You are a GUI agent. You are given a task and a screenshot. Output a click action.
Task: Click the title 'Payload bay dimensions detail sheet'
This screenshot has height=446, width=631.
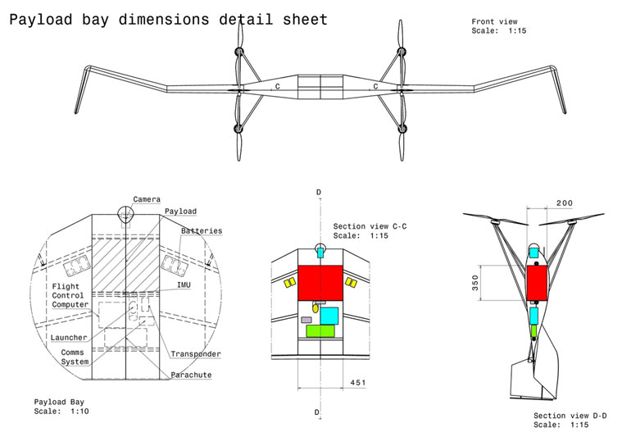coord(168,19)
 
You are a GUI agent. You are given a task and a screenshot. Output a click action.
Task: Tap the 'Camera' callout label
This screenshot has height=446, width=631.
coord(147,199)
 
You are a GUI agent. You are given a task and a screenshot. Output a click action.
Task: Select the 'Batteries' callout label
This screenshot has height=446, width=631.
coord(202,230)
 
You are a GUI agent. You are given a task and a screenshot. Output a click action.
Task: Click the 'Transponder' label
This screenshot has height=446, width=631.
coord(196,354)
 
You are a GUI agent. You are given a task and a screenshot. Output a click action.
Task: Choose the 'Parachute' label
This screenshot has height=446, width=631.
coord(191,375)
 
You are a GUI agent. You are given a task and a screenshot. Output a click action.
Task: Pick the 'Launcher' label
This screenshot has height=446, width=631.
coord(69,337)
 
